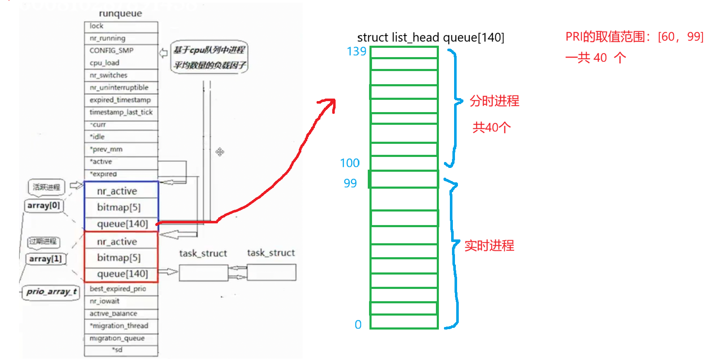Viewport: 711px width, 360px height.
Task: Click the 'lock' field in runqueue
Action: pyautogui.click(x=96, y=26)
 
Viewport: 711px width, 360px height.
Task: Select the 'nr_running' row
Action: pyautogui.click(x=107, y=38)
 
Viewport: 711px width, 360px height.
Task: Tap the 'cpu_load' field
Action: pyautogui.click(x=105, y=63)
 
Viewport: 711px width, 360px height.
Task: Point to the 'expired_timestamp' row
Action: pyautogui.click(x=120, y=100)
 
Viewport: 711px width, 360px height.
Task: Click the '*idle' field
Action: pyautogui.click(x=97, y=137)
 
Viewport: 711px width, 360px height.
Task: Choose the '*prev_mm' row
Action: pyautogui.click(x=106, y=149)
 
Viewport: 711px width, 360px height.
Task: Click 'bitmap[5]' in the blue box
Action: pyautogui.click(x=119, y=207)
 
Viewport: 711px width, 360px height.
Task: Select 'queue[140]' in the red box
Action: pyautogui.click(x=122, y=274)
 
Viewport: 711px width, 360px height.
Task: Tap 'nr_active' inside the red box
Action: pyautogui.click(x=117, y=242)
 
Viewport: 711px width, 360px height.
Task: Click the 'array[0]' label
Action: pyautogui.click(x=44, y=206)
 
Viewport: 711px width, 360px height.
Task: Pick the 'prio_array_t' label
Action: pyautogui.click(x=51, y=291)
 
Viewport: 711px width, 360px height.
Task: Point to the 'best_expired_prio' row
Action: pyautogui.click(x=118, y=289)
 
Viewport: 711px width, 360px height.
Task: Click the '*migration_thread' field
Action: pyautogui.click(x=119, y=326)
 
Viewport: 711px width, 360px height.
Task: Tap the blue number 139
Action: pyautogui.click(x=356, y=52)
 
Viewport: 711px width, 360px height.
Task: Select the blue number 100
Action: pyautogui.click(x=350, y=163)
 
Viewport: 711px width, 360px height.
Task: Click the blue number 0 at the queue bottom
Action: pyautogui.click(x=358, y=324)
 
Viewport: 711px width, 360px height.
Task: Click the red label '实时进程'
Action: pyautogui.click(x=489, y=245)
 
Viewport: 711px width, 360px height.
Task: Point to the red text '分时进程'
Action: pyautogui.click(x=494, y=101)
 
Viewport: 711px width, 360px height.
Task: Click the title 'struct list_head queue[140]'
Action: pyautogui.click(x=430, y=38)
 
